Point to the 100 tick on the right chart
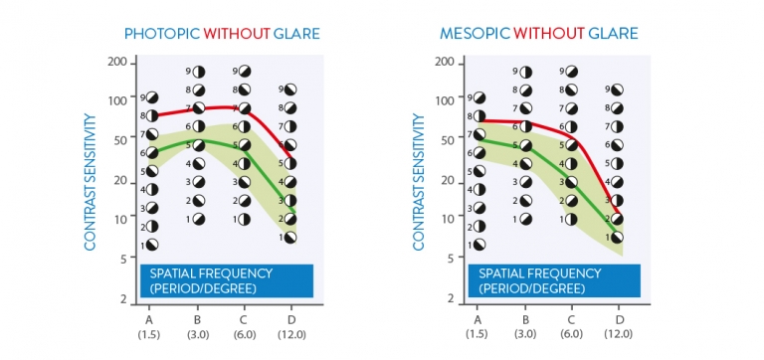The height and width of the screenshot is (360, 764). point(447,98)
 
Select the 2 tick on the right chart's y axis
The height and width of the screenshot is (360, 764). point(451,299)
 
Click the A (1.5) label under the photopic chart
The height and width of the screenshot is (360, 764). point(149,325)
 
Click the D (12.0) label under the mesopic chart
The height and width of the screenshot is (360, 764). point(619,325)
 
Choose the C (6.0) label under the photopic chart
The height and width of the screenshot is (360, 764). point(243,325)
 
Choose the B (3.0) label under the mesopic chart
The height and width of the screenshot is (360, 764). point(525,325)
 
